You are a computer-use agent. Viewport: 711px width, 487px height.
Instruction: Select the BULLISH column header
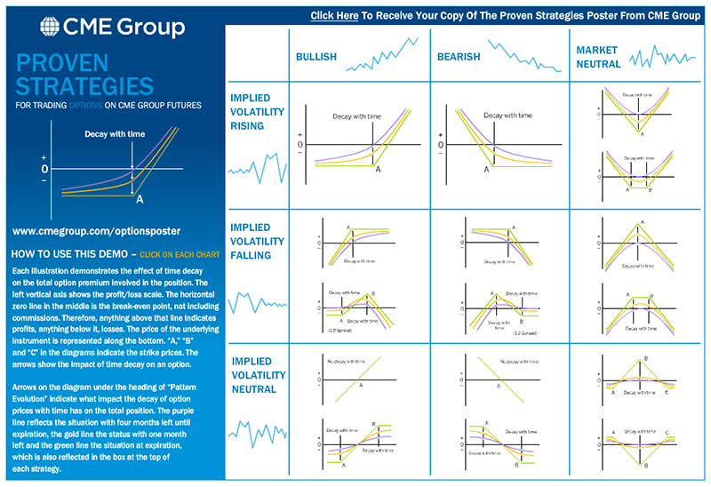click(x=316, y=58)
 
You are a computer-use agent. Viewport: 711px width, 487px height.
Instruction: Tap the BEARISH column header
click(x=459, y=58)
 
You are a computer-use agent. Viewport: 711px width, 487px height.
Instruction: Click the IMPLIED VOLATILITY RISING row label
click(x=257, y=112)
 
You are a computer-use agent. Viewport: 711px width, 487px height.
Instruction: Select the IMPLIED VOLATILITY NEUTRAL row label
click(x=257, y=375)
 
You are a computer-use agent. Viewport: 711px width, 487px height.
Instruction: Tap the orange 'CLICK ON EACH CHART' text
click(x=182, y=253)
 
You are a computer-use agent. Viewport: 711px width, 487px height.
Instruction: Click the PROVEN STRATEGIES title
click(x=85, y=76)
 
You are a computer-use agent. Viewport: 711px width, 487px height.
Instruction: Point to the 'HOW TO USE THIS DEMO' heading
click(x=68, y=253)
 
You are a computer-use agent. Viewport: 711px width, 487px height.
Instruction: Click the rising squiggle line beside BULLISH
click(x=382, y=54)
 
